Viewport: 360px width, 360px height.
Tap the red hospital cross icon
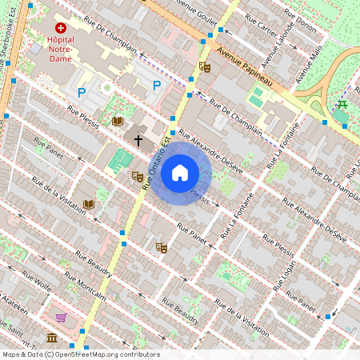pos(60,27)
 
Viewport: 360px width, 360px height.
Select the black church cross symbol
pos(138,140)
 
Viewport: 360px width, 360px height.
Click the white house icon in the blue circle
pos(180,172)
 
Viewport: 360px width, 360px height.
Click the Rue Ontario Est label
pos(156,164)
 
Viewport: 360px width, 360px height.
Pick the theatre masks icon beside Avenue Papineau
pos(204,68)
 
